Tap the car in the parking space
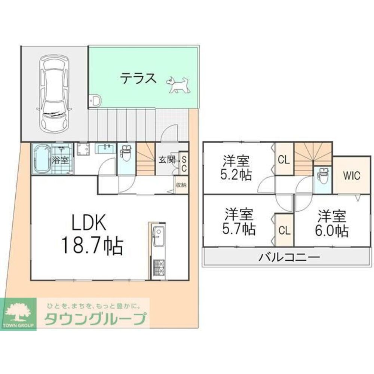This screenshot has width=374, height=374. coord(54,93)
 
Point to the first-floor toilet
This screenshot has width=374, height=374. coord(126,153)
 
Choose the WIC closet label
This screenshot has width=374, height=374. coord(352,175)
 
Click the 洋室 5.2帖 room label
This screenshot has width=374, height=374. coord(236,168)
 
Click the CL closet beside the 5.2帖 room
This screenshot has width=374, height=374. coord(283,160)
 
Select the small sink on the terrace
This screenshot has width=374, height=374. coord(96,101)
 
